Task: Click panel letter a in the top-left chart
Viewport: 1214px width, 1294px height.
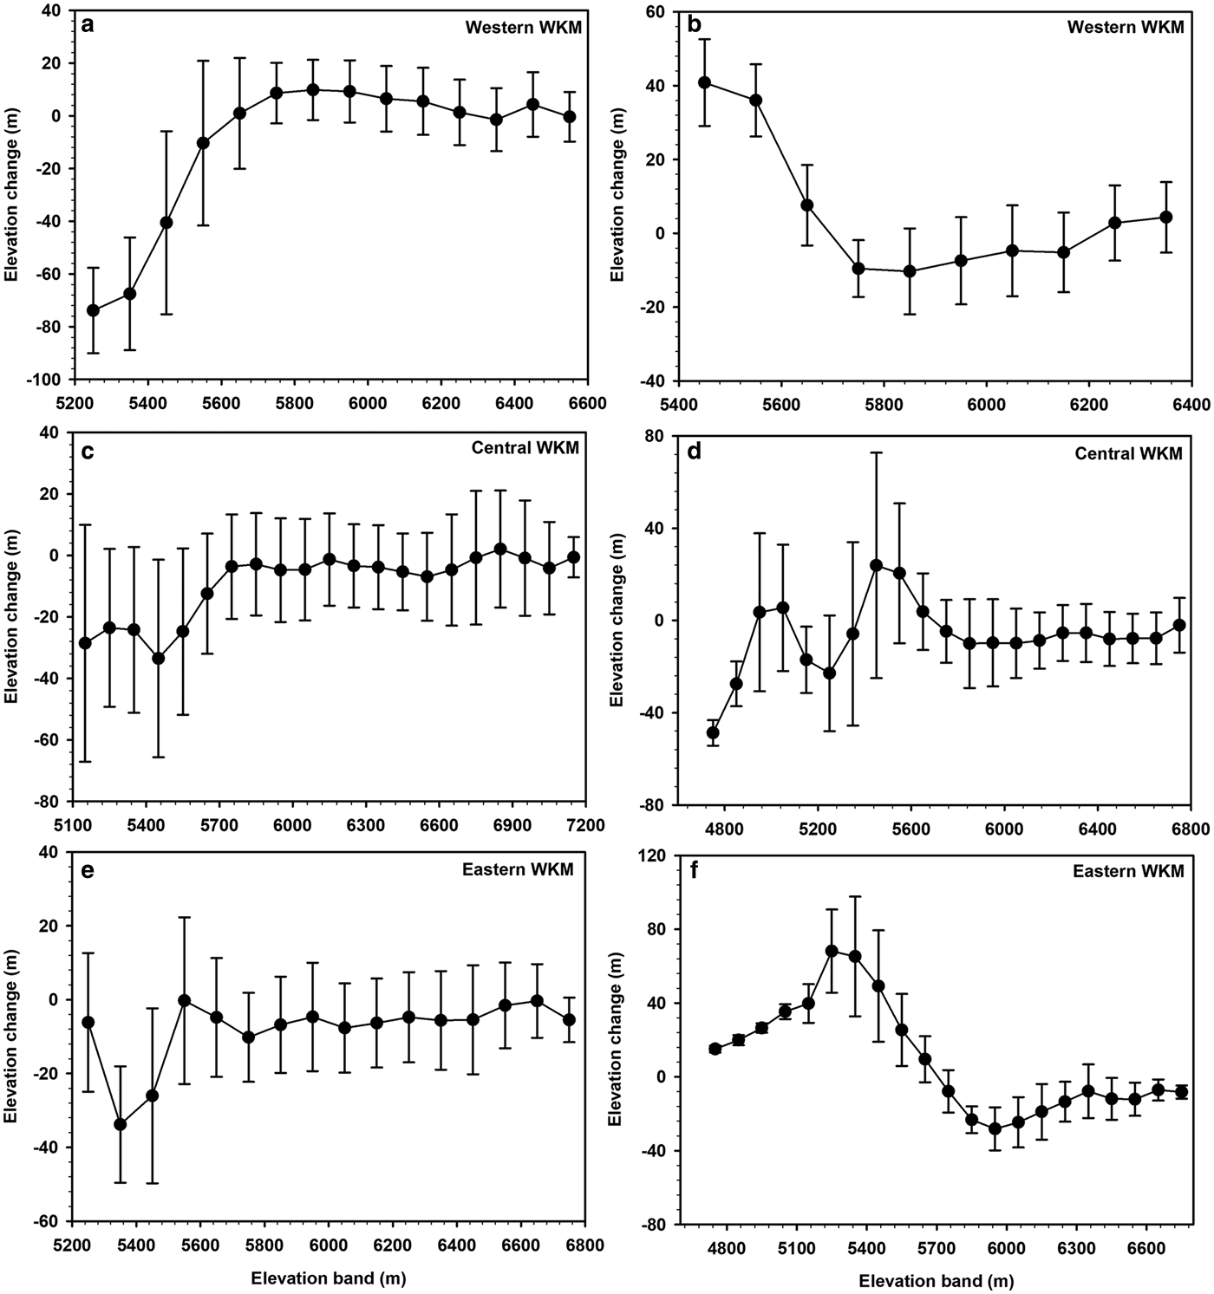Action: (x=88, y=25)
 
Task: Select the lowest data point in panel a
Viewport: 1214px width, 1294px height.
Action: (x=93, y=310)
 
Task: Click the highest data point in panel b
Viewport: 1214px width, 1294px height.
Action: (x=705, y=82)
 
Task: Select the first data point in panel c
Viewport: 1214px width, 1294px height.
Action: (x=85, y=643)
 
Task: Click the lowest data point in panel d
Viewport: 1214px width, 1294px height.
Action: (x=713, y=732)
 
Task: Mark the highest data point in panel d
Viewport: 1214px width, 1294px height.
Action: (x=876, y=565)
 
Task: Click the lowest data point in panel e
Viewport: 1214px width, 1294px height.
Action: (x=121, y=1124)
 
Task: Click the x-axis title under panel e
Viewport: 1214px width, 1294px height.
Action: (x=329, y=1278)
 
